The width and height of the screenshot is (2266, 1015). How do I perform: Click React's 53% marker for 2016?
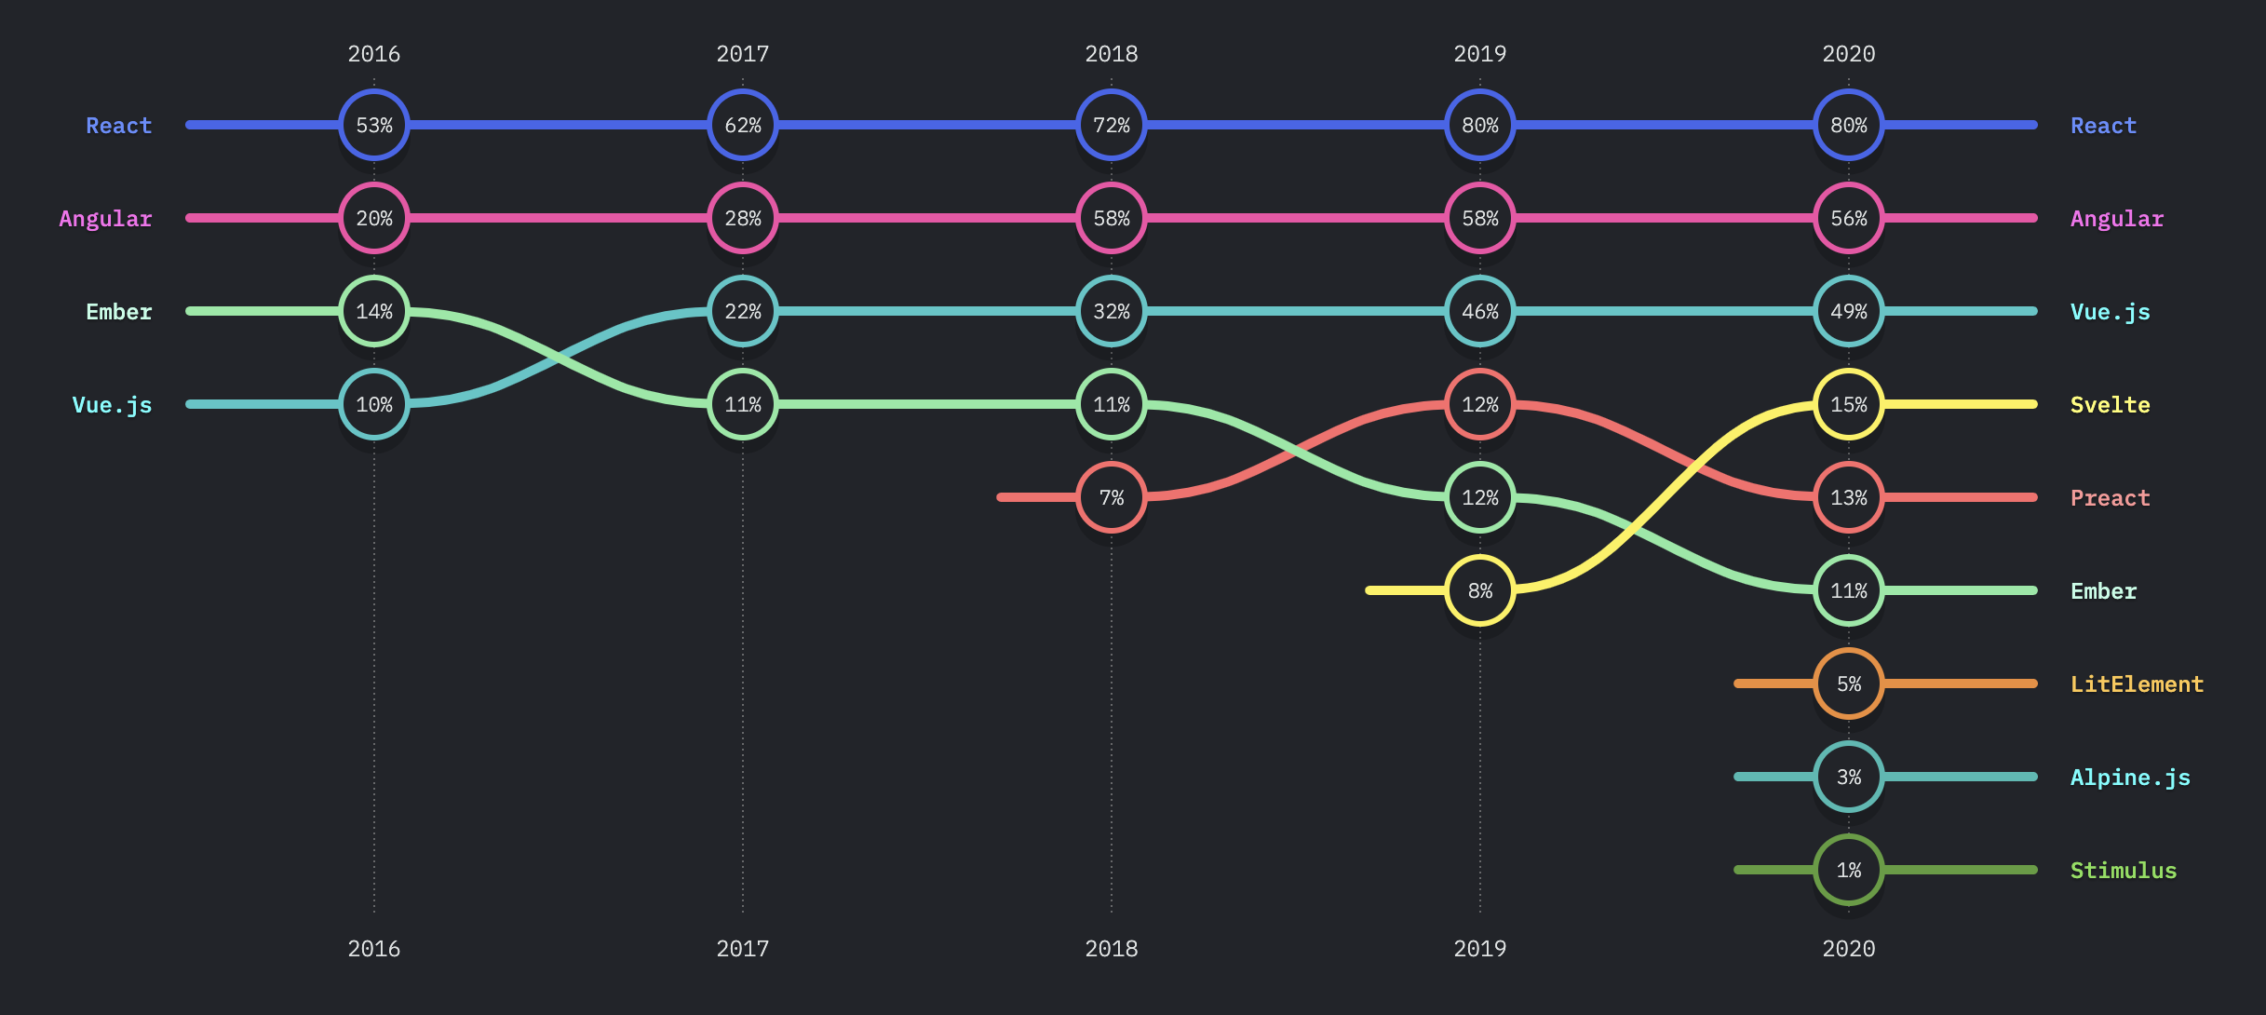click(x=374, y=125)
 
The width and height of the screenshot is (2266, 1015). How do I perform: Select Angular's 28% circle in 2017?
click(x=743, y=218)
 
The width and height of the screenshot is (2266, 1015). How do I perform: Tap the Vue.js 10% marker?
click(x=374, y=404)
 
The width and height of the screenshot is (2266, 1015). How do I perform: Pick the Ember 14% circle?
click(x=374, y=311)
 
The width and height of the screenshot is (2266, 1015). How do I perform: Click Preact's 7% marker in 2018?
click(x=1112, y=497)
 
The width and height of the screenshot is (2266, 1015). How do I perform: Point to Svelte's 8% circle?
click(x=1480, y=590)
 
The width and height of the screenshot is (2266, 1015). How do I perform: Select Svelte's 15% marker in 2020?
click(x=1849, y=404)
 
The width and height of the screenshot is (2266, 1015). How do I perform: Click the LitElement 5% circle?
click(x=1849, y=683)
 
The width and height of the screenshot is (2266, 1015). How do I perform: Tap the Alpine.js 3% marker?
click(x=1849, y=777)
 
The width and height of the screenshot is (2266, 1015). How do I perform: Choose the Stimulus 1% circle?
click(x=1849, y=870)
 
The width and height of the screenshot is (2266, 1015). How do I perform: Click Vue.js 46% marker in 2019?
click(x=1480, y=311)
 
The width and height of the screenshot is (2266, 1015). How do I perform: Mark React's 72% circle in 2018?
click(x=1112, y=125)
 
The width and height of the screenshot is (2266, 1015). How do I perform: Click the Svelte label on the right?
click(x=2110, y=405)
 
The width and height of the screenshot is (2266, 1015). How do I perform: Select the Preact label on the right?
click(x=2110, y=498)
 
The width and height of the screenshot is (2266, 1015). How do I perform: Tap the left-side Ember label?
click(x=118, y=312)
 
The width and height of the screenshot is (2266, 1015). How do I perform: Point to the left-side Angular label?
click(x=105, y=219)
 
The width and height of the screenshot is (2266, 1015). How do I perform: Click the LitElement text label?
click(x=2137, y=684)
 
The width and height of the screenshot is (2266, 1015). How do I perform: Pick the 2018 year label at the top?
click(x=1112, y=54)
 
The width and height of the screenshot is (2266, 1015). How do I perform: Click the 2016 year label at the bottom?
click(x=374, y=949)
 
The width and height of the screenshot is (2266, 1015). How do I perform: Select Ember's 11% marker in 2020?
click(x=1849, y=590)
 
